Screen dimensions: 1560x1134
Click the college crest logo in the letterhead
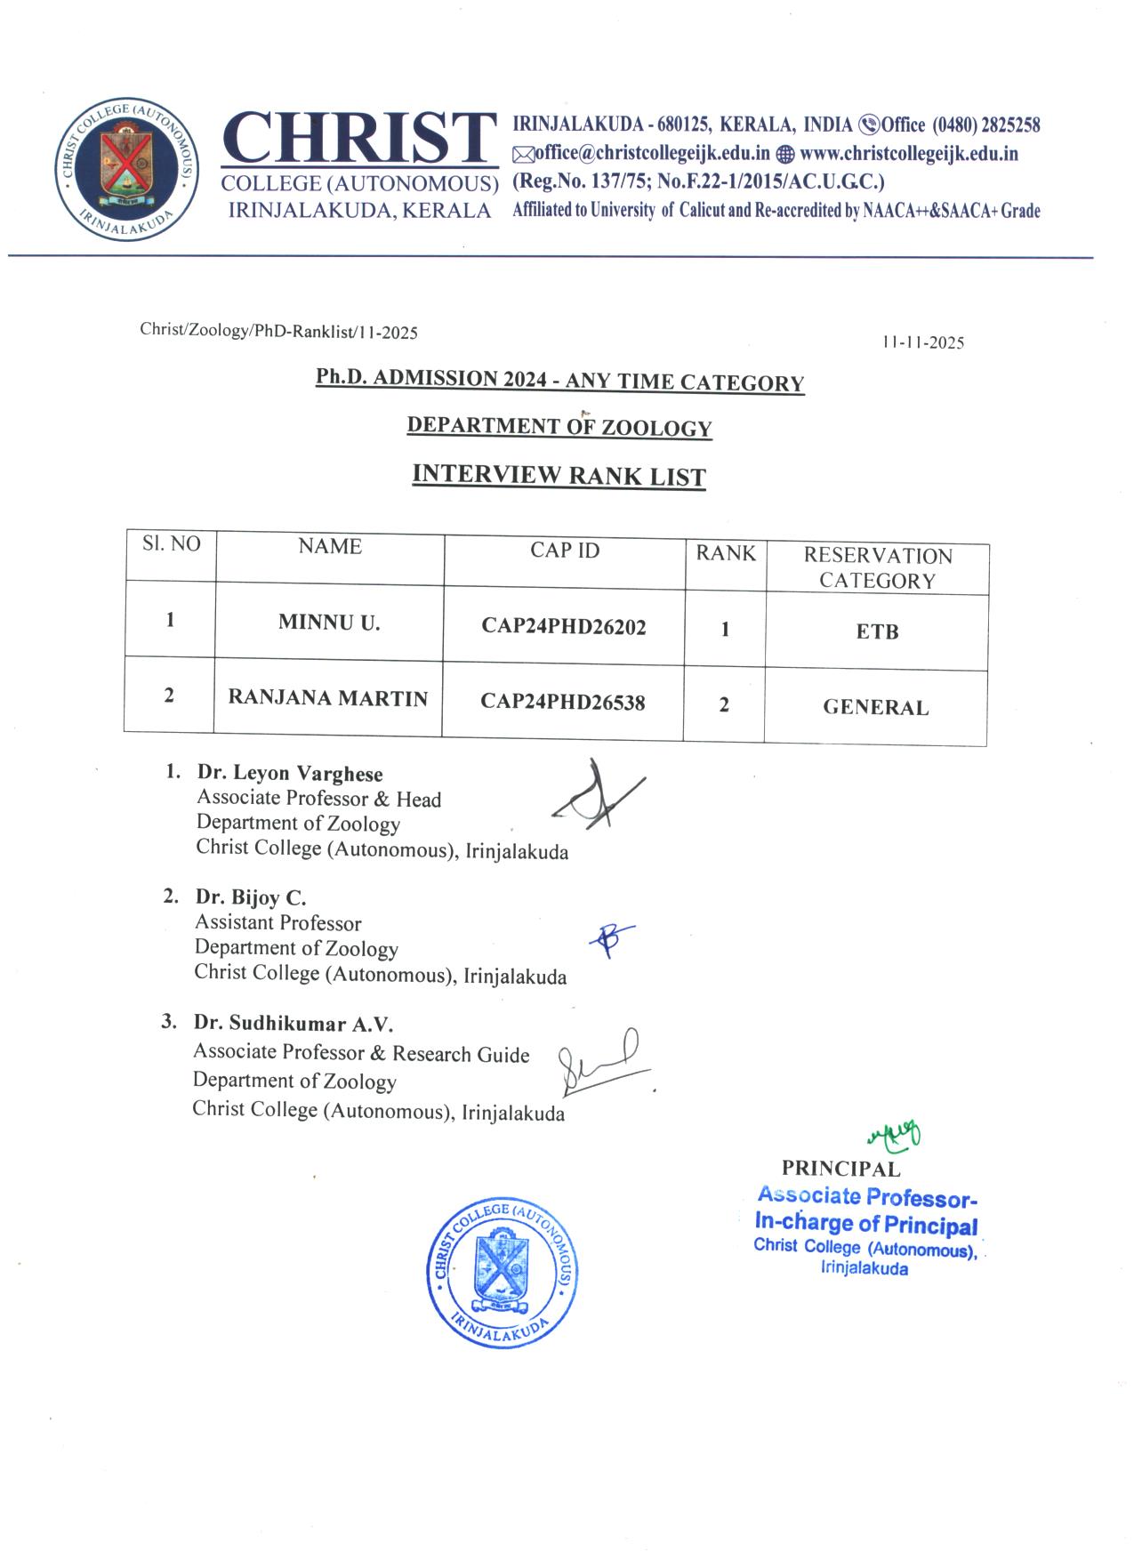click(126, 169)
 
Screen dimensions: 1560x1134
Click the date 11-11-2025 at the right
click(924, 343)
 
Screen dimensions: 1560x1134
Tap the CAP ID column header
click(565, 551)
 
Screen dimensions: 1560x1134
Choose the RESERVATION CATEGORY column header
click(878, 567)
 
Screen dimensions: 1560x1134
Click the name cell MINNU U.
click(329, 623)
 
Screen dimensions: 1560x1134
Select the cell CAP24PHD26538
click(563, 703)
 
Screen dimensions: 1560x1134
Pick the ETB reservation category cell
click(877, 632)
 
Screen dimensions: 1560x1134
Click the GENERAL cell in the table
click(875, 708)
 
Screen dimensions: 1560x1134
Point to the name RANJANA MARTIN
click(328, 698)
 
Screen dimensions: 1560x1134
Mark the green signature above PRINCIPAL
click(895, 1134)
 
